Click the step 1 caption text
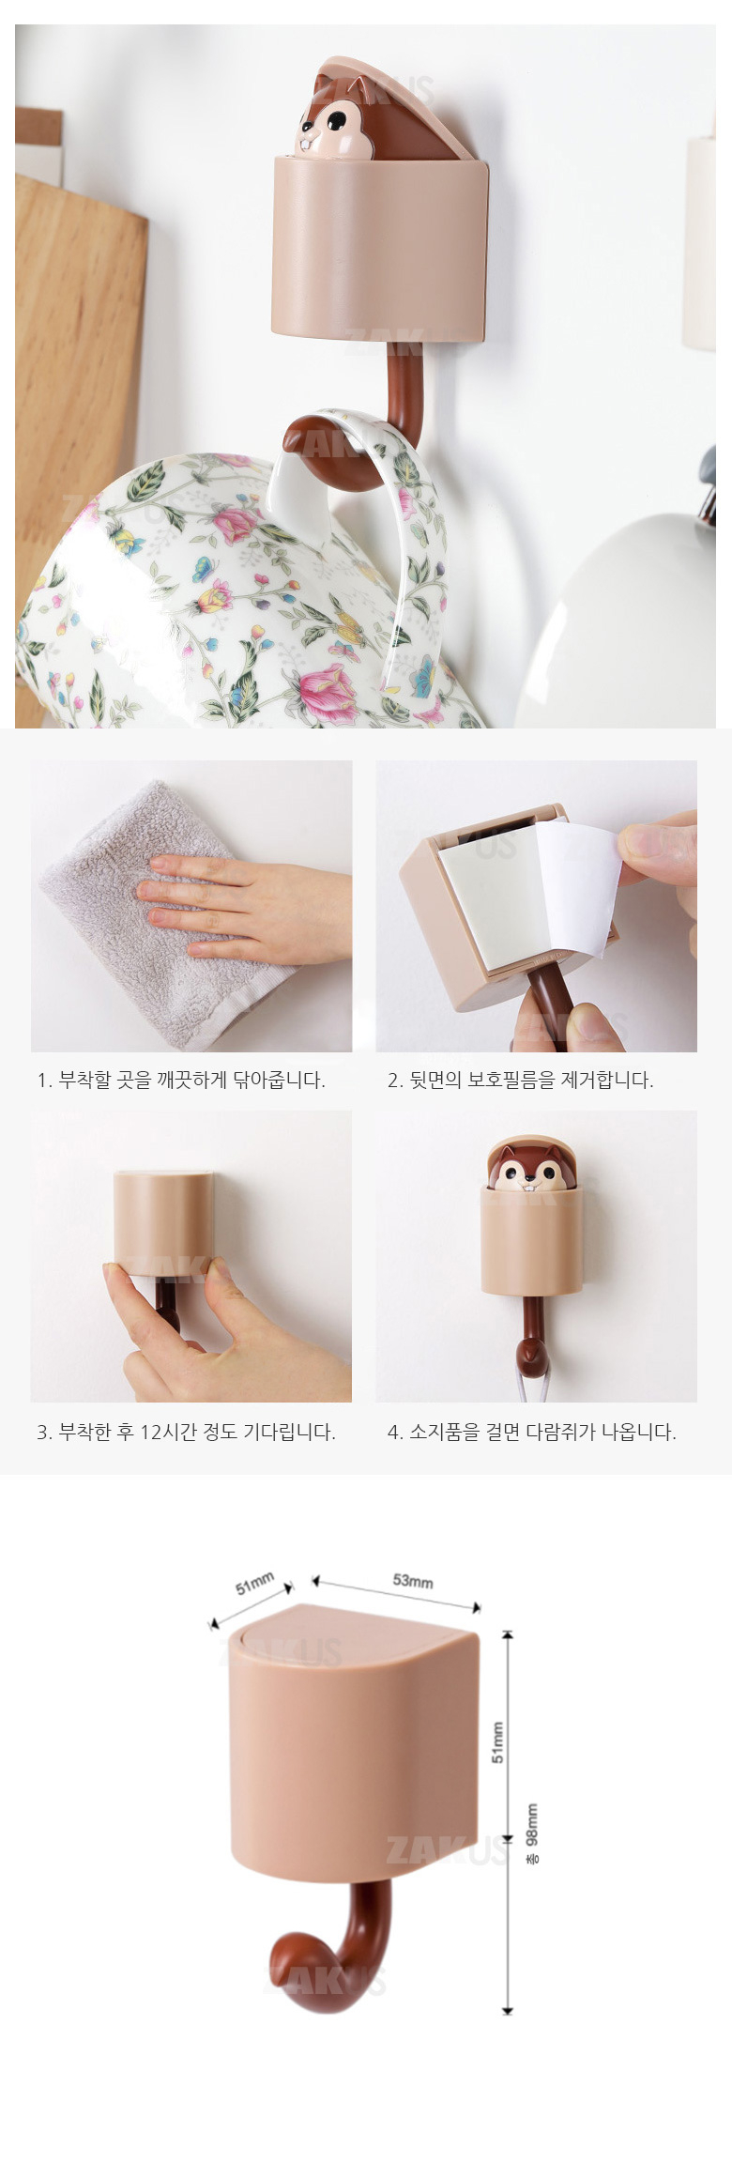pyautogui.click(x=181, y=1081)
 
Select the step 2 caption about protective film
pyautogui.click(x=521, y=1081)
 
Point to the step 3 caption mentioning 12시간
pyautogui.click(x=186, y=1432)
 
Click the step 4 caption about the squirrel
pyautogui.click(x=532, y=1432)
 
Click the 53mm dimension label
pyautogui.click(x=413, y=1581)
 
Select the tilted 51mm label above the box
pyautogui.click(x=254, y=1584)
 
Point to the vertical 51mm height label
pyautogui.click(x=498, y=1742)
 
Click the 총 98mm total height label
pyautogui.click(x=532, y=1833)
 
